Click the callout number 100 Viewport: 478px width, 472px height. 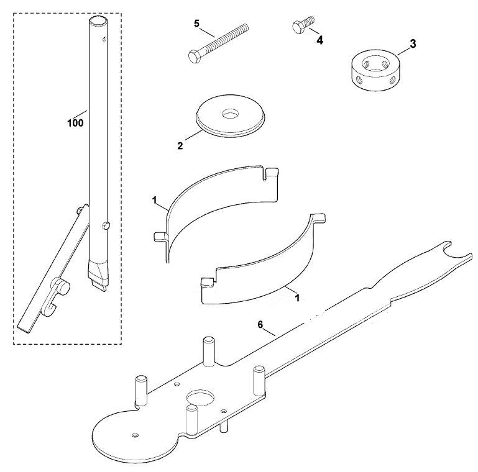(x=75, y=123)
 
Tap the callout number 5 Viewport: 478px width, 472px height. (x=196, y=24)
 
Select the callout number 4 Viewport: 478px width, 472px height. (x=319, y=40)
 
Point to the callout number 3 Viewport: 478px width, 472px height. (x=413, y=44)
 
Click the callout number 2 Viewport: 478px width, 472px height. (x=180, y=146)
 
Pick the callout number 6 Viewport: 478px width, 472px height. (x=260, y=325)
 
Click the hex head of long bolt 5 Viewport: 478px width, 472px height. (x=193, y=57)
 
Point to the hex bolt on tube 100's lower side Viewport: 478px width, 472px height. (x=105, y=225)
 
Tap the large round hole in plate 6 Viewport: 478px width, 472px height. (x=201, y=397)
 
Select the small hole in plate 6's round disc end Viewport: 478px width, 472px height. (x=134, y=435)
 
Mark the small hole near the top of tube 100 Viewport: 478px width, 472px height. (x=104, y=39)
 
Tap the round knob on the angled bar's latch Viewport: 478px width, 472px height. (x=63, y=288)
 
